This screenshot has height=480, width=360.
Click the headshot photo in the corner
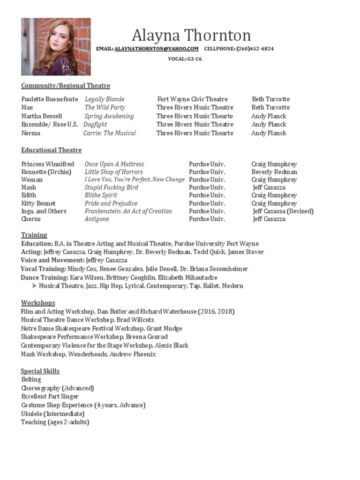(x=56, y=47)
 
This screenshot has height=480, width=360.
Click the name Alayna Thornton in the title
(x=191, y=35)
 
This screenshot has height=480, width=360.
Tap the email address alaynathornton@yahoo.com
(x=157, y=49)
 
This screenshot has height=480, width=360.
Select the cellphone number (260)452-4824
(x=255, y=49)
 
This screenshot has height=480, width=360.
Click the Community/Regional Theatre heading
(x=66, y=86)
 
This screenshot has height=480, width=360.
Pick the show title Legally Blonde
(x=105, y=99)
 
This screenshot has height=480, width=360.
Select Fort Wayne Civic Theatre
(x=192, y=99)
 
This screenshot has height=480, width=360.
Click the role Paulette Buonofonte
(x=50, y=99)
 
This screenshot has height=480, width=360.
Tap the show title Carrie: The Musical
(x=110, y=133)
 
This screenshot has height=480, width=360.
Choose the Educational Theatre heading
(x=52, y=150)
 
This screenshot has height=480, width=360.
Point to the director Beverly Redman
(x=274, y=172)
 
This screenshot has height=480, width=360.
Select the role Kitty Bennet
(x=38, y=203)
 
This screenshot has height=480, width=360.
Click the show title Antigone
(x=97, y=219)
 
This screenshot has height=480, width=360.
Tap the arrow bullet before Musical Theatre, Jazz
(x=34, y=286)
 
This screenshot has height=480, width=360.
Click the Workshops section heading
(x=38, y=303)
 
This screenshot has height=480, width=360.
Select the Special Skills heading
(x=40, y=371)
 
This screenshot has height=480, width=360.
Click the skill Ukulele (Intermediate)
(x=53, y=414)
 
